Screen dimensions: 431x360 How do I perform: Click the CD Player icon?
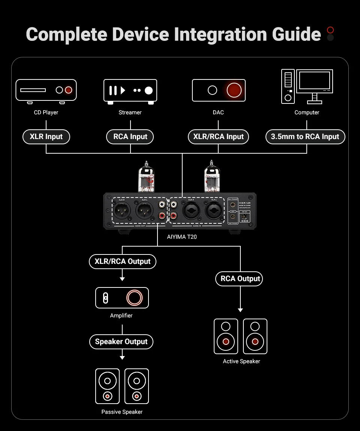click(x=46, y=90)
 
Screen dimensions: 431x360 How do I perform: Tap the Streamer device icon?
click(x=130, y=91)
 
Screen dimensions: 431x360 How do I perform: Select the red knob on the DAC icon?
click(x=234, y=90)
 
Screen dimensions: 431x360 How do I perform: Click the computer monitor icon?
click(x=315, y=84)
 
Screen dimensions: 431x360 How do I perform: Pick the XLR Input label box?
click(x=46, y=137)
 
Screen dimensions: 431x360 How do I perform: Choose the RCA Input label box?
click(x=130, y=137)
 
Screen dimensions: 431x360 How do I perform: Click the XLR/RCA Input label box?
click(x=218, y=137)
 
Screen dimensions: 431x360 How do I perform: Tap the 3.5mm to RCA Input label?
click(x=305, y=137)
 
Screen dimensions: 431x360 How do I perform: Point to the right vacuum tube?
click(x=211, y=177)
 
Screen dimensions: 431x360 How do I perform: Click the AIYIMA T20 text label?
click(x=182, y=237)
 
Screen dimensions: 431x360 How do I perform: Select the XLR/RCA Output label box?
click(x=122, y=262)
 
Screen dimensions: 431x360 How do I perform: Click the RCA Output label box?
click(x=240, y=279)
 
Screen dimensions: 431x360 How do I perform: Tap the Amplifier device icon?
click(x=122, y=298)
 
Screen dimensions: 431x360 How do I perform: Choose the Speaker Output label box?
click(x=121, y=342)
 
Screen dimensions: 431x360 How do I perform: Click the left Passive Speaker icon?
click(x=108, y=386)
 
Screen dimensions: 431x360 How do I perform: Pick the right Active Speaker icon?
click(x=255, y=337)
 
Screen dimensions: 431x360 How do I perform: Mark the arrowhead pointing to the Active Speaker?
click(x=240, y=310)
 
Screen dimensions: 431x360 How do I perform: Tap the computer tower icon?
click(x=288, y=87)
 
